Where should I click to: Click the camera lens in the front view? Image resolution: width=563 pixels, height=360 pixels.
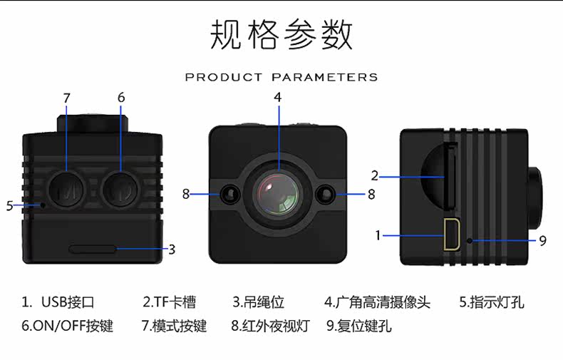coord(277,195)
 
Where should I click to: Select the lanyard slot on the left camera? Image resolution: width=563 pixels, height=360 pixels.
coord(93,249)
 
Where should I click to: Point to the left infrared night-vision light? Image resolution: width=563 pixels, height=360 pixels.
coord(229,195)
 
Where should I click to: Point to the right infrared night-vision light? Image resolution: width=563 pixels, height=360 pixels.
coord(325,195)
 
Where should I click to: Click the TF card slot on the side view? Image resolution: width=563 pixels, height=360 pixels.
coord(450,176)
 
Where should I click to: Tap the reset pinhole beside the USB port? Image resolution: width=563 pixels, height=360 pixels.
coord(470,240)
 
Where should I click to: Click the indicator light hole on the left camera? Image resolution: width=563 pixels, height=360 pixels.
coord(43,205)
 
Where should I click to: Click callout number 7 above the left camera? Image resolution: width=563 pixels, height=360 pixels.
coord(66,98)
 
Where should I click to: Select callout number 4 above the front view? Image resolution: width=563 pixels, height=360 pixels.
coord(277,98)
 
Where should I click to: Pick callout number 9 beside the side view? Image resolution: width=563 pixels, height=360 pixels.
coord(542,241)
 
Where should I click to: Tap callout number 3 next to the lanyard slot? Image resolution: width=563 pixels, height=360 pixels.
coord(172,250)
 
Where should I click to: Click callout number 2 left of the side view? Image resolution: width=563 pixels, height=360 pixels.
coord(374,175)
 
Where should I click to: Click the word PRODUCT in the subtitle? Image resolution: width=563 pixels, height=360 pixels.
coord(224,77)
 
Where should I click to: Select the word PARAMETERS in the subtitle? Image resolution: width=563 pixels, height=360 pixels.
coord(324,77)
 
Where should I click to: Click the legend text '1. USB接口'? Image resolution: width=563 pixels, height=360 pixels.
coord(58,302)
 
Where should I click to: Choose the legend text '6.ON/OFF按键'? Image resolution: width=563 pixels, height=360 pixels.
coord(68,326)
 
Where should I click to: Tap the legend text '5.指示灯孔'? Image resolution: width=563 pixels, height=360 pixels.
coord(492,302)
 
